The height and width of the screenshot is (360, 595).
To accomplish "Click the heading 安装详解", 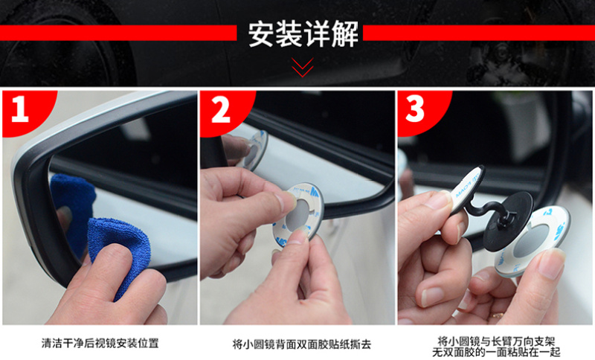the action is pos(303,34).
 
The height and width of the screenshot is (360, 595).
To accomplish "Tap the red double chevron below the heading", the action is pos(303,68).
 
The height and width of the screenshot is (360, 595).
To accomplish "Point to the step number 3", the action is pos(415,109).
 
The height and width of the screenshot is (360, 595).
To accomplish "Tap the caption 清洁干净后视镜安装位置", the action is pos(100,344).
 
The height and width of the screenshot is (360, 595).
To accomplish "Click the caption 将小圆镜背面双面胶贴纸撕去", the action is pos(302,344).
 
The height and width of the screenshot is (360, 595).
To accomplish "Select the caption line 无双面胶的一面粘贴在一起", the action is pos(496,353).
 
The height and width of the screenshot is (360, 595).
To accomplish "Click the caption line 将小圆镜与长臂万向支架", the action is pos(496,341).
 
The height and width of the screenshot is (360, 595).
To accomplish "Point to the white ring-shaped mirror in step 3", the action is pos(532,241).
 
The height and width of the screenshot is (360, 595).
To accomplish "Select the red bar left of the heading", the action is pos(118,33).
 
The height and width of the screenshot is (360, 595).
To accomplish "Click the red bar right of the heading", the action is pos(479,33).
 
